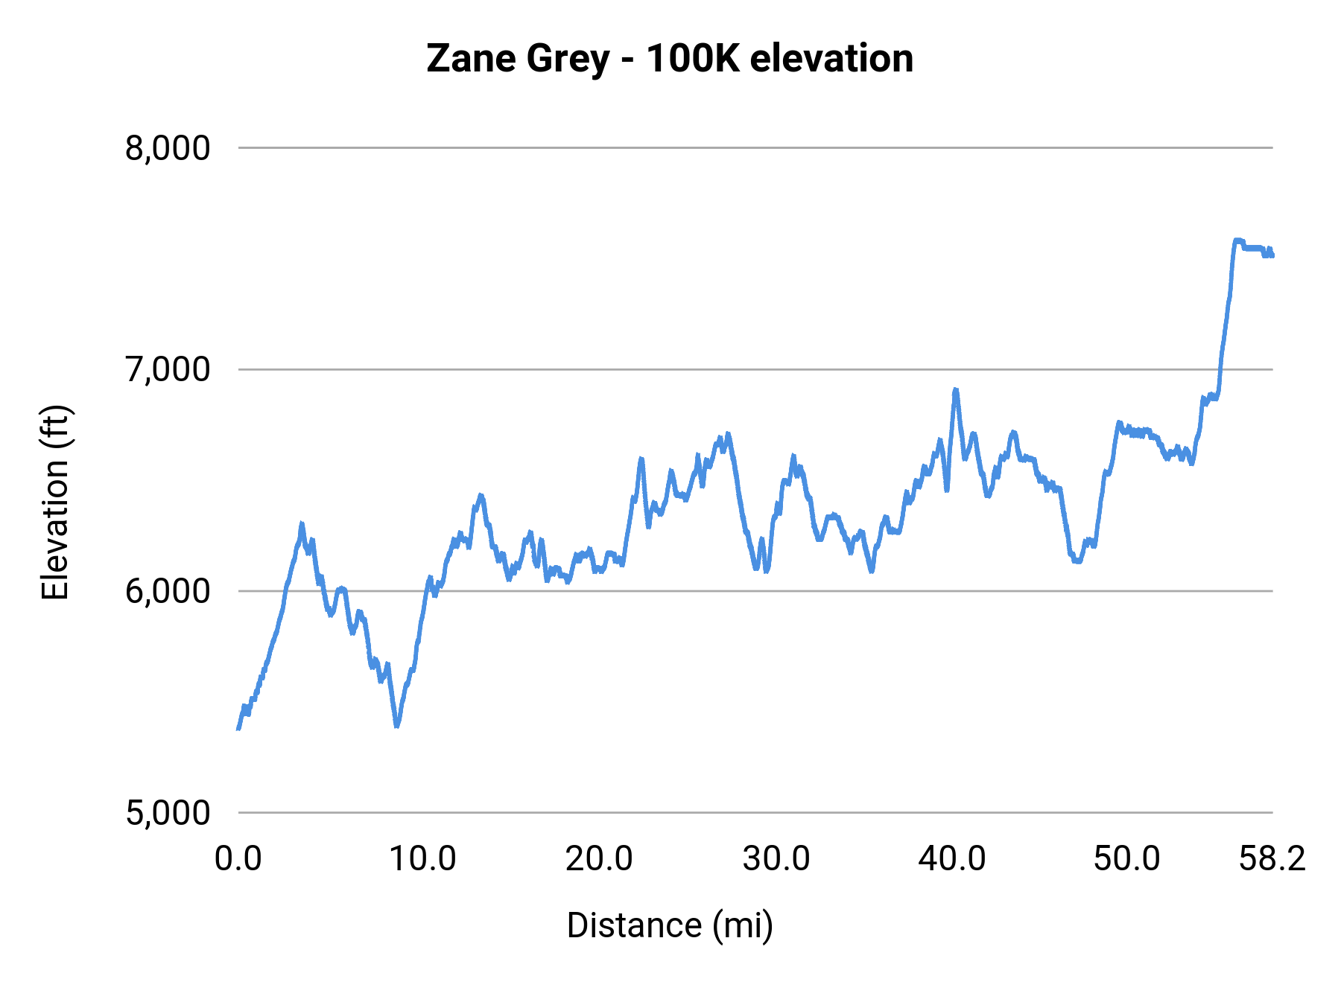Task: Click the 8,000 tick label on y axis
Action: click(168, 148)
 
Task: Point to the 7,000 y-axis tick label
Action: click(168, 369)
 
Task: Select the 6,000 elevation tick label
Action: click(168, 591)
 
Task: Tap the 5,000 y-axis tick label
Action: click(168, 812)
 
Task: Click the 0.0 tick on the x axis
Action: click(238, 859)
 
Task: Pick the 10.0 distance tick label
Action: click(422, 859)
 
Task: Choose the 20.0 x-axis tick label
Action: click(599, 859)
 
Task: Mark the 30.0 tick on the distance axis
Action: click(776, 859)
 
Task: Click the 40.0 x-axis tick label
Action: click(952, 859)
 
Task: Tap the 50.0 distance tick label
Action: click(1127, 859)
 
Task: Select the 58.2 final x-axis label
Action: click(1272, 859)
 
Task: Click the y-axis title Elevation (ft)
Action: click(55, 502)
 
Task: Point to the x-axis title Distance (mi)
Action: click(670, 925)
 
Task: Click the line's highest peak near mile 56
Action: click(1237, 240)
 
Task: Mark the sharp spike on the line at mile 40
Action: click(955, 390)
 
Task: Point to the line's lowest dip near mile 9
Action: click(396, 725)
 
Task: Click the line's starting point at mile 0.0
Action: click(238, 729)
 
